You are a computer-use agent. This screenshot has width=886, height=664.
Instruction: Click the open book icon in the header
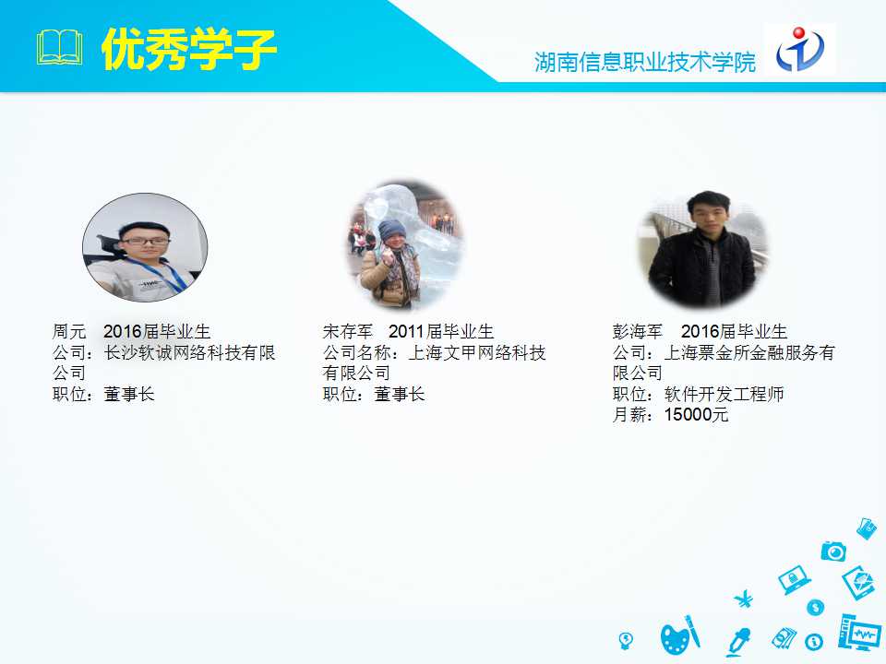(x=59, y=49)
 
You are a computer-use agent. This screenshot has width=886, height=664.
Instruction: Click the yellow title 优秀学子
(x=188, y=50)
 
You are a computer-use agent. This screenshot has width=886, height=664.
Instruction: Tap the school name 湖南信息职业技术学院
(x=645, y=62)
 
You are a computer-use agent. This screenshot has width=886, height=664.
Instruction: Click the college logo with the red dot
(x=800, y=49)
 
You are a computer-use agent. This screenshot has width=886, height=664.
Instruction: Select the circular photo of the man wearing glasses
(x=145, y=247)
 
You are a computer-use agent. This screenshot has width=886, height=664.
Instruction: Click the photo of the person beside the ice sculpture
(x=405, y=244)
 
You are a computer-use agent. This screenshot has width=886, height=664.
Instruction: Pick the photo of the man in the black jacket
(x=703, y=249)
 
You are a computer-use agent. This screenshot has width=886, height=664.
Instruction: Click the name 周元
(x=69, y=331)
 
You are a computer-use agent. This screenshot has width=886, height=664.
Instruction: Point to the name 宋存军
(x=348, y=331)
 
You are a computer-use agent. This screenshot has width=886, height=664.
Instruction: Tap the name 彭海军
(x=638, y=331)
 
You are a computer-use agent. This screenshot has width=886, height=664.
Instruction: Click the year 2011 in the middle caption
(x=406, y=331)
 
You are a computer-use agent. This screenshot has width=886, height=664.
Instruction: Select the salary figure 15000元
(x=696, y=414)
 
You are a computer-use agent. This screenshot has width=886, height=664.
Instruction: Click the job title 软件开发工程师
(x=724, y=394)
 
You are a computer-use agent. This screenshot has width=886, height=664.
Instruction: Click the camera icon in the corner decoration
(x=833, y=551)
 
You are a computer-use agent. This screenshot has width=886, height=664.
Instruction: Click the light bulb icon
(x=626, y=640)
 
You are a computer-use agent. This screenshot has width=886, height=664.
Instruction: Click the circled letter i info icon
(x=814, y=642)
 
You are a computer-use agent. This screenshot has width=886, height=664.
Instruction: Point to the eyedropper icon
(x=738, y=642)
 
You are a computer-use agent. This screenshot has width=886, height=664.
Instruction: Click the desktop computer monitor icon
(x=859, y=633)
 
